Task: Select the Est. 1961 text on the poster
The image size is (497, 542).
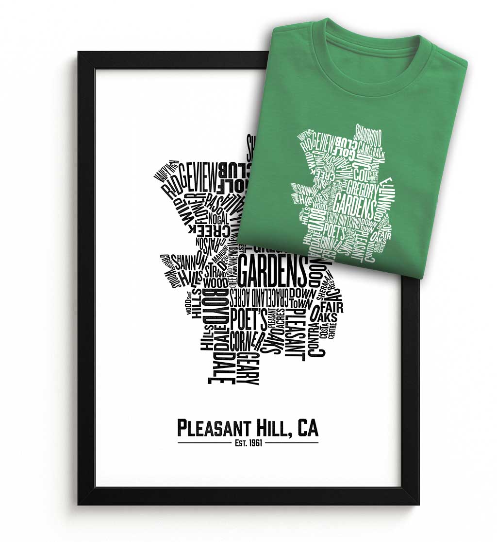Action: click(248, 443)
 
